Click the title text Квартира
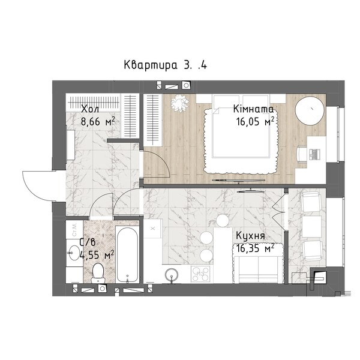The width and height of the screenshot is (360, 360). click(x=151, y=65)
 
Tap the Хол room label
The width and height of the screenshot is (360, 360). click(x=90, y=109)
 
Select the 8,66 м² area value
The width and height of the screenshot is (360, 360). click(x=98, y=121)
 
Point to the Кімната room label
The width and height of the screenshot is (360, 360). click(x=253, y=109)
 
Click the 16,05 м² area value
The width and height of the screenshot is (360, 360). click(x=256, y=121)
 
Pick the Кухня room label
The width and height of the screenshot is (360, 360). click(x=250, y=236)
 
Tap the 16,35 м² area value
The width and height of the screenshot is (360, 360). click(x=256, y=248)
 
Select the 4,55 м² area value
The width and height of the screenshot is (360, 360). click(x=97, y=254)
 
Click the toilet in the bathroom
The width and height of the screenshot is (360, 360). click(x=98, y=273)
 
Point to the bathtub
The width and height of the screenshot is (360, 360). click(x=127, y=255)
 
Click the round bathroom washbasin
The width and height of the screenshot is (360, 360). click(x=74, y=253)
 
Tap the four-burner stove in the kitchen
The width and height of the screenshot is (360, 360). click(x=200, y=274)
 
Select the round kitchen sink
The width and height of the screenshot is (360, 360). click(x=171, y=275)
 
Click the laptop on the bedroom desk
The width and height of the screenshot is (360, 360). click(x=314, y=154)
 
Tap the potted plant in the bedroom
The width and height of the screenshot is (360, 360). click(x=180, y=103)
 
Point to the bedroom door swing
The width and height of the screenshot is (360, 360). click(x=161, y=161)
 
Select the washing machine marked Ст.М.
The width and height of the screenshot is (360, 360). click(x=74, y=230)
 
